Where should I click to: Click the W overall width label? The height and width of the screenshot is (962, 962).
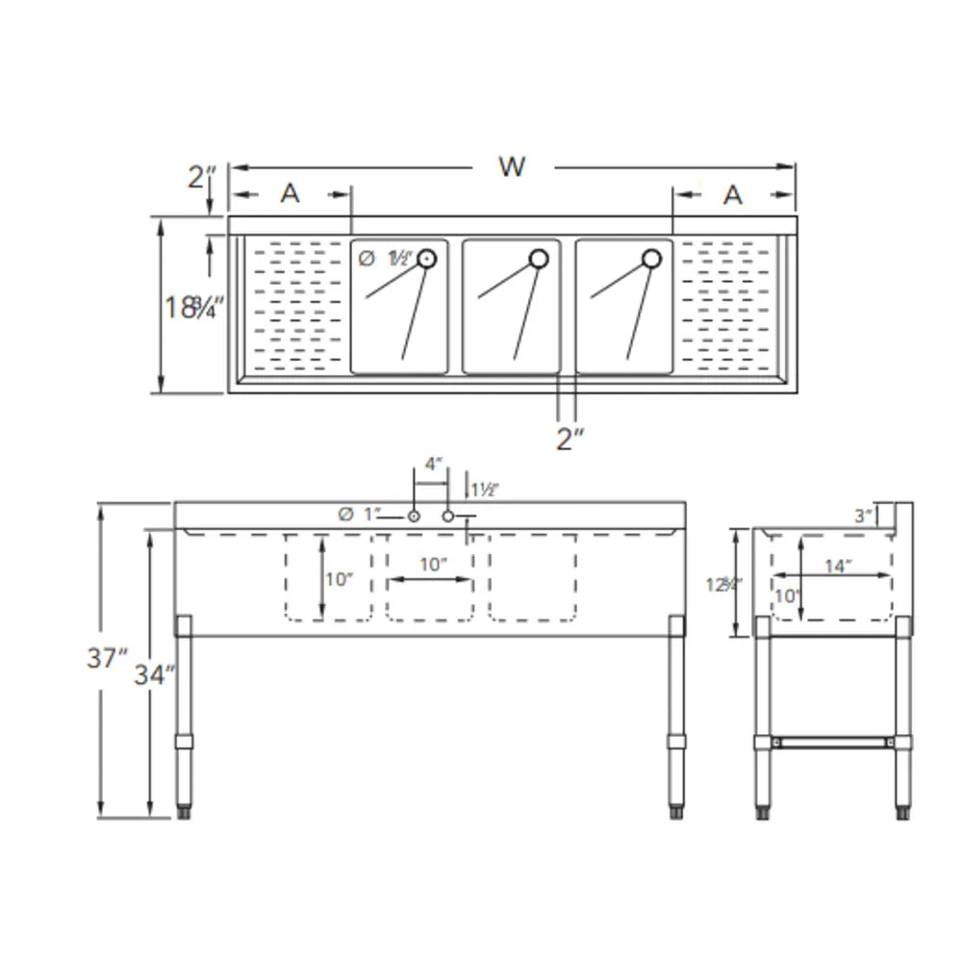pyautogui.click(x=512, y=166)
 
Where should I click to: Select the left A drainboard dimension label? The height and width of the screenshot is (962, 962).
pyautogui.click(x=290, y=194)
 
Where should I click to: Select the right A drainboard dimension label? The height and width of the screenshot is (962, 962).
pyautogui.click(x=733, y=194)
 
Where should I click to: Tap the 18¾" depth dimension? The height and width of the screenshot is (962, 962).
pyautogui.click(x=193, y=308)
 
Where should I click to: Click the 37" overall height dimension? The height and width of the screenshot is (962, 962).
pyautogui.click(x=107, y=659)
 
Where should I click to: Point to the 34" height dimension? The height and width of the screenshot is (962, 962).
pyautogui.click(x=156, y=674)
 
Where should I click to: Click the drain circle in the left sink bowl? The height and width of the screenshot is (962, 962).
pyautogui.click(x=426, y=258)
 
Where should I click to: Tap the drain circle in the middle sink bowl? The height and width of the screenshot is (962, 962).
pyautogui.click(x=539, y=258)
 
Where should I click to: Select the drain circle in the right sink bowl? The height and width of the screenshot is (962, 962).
pyautogui.click(x=651, y=258)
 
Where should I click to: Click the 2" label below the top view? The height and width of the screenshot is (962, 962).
pyautogui.click(x=570, y=440)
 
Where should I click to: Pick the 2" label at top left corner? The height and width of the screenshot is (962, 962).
pyautogui.click(x=202, y=177)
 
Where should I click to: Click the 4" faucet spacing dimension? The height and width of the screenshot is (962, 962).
pyautogui.click(x=434, y=464)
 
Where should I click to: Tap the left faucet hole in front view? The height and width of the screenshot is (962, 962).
pyautogui.click(x=414, y=517)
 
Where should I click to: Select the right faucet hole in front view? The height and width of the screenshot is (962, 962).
pyautogui.click(x=448, y=517)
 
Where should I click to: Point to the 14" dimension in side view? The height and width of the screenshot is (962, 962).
pyautogui.click(x=838, y=566)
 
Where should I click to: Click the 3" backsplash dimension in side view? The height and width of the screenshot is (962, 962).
pyautogui.click(x=862, y=517)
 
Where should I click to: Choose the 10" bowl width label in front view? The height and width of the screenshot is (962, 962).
pyautogui.click(x=433, y=565)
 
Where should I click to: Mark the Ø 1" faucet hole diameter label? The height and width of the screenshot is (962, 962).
pyautogui.click(x=361, y=515)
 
